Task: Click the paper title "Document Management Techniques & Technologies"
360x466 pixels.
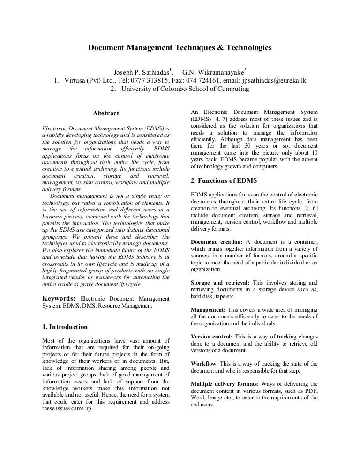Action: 180,48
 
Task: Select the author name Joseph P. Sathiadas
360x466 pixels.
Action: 143,72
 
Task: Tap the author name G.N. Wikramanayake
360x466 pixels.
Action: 212,72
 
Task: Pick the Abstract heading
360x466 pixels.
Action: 106,113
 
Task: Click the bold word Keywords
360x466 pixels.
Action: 59,298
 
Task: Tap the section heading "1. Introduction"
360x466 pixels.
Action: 65,327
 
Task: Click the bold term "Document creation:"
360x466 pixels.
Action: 217,241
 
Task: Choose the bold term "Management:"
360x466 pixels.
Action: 209,310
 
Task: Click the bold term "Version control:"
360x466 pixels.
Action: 212,337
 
